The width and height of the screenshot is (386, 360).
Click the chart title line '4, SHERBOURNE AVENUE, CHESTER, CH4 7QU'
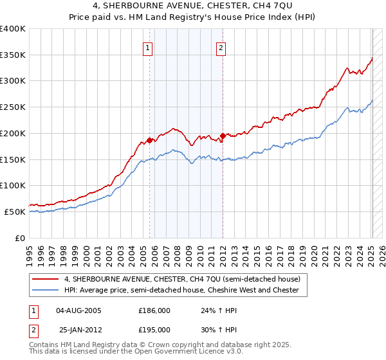tap(193, 7)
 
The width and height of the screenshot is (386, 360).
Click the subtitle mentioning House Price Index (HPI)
tap(193, 18)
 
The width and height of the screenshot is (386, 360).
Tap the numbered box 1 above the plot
tap(148, 47)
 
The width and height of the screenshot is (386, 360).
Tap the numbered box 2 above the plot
tap(221, 47)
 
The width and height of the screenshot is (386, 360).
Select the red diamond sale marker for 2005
tap(149, 139)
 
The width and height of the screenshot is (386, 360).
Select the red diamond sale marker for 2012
tap(223, 135)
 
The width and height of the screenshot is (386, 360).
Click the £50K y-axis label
tap(15, 212)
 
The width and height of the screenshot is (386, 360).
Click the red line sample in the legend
tap(44, 280)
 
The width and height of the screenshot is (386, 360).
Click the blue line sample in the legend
tap(44, 291)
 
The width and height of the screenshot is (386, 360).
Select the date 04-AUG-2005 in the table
tap(79, 310)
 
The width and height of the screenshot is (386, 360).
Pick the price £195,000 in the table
tap(154, 329)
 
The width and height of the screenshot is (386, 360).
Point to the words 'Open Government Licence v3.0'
tap(195, 353)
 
